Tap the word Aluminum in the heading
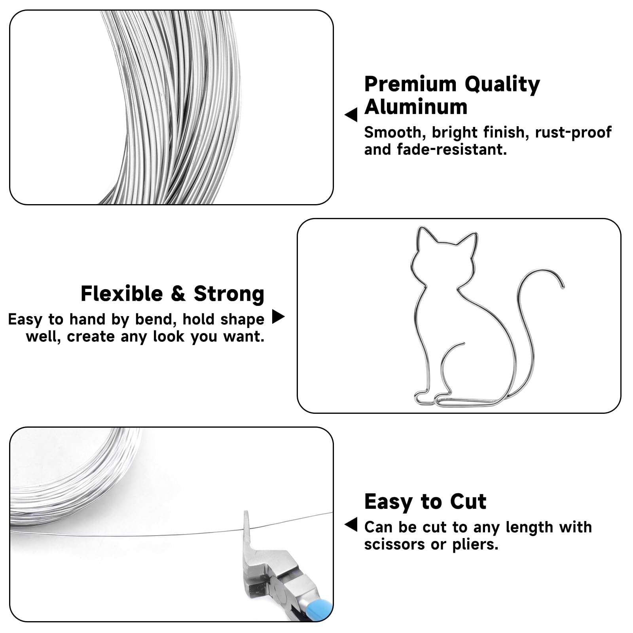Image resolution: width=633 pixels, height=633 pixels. tap(416, 107)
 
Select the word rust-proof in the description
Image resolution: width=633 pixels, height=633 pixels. tap(573, 133)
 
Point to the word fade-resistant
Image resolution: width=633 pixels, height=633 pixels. tap(452, 150)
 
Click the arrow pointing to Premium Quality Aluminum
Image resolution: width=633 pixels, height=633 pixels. tap(351, 115)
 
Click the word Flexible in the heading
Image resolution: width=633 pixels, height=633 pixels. tap(122, 294)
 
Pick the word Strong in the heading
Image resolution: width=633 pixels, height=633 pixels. tap(229, 294)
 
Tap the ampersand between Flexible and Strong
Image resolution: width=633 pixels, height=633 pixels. tap(178, 294)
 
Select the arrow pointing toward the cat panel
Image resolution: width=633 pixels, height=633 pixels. tap(279, 316)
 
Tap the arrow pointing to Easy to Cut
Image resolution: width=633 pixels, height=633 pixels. tap(351, 524)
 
